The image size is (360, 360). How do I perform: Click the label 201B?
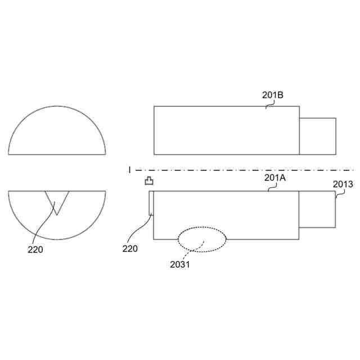[x=272, y=95]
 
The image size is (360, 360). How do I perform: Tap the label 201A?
[x=275, y=178]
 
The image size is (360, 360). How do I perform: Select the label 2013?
[x=343, y=184]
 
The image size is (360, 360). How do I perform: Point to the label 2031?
[x=180, y=264]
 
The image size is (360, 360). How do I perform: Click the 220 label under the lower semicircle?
[x=35, y=250]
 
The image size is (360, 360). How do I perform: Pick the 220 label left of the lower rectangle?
[x=130, y=249]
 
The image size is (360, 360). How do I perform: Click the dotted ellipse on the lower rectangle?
[x=202, y=227]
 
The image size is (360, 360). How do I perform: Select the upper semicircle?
[x=57, y=106]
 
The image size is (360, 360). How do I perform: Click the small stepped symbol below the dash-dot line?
[x=149, y=181]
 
